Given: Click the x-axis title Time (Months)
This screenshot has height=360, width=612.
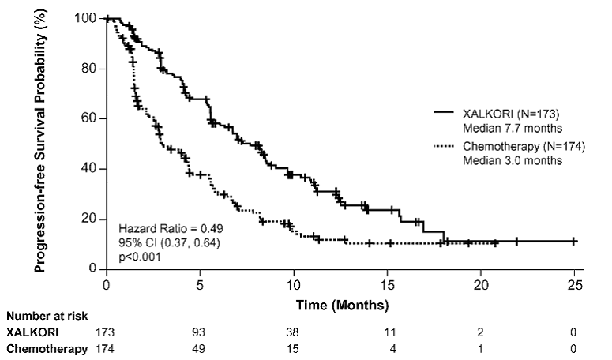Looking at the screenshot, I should pyautogui.click(x=340, y=304).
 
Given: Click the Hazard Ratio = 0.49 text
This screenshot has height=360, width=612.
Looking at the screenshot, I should pyautogui.click(x=165, y=227).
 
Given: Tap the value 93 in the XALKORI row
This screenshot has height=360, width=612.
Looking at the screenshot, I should pyautogui.click(x=200, y=333).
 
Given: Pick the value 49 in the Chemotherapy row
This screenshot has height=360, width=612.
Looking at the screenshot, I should pyautogui.click(x=200, y=348).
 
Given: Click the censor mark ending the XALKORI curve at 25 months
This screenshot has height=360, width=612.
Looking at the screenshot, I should pyautogui.click(x=574, y=241).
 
